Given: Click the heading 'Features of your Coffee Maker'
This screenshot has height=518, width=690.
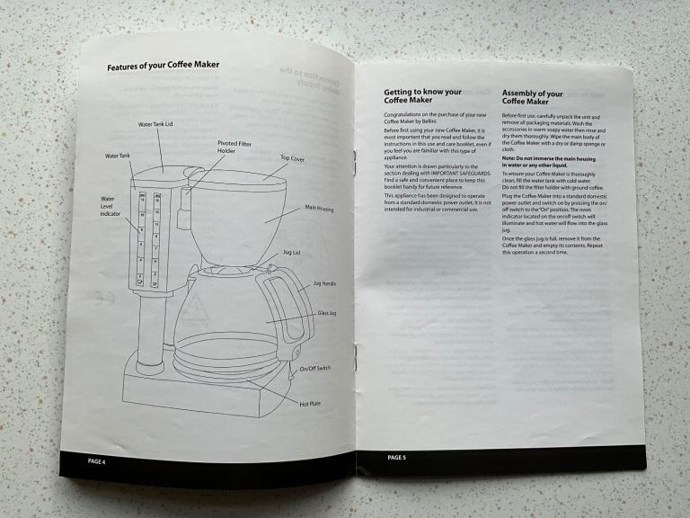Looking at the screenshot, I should (x=164, y=67).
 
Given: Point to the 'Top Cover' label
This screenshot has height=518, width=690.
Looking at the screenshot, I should (x=293, y=157).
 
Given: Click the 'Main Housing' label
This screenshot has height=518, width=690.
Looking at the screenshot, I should (x=319, y=209).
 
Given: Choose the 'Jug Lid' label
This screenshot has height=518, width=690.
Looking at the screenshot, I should (x=292, y=254).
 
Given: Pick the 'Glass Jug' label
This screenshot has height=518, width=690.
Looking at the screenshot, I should (x=327, y=313).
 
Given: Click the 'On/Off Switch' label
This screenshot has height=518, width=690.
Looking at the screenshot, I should (x=315, y=369).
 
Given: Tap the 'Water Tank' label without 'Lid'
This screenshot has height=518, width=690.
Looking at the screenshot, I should (x=118, y=156).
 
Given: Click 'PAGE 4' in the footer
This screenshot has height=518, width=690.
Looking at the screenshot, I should (x=96, y=461).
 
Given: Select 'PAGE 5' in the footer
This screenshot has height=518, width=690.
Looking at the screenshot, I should (x=397, y=458).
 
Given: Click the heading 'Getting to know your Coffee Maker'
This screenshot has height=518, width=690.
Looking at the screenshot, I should (x=422, y=96).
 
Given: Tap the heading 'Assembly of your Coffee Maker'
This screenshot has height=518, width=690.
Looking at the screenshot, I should (x=533, y=98).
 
